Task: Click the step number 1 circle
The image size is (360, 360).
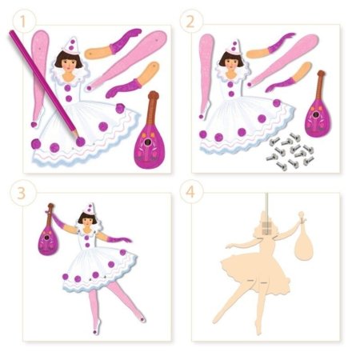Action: click(x=23, y=22)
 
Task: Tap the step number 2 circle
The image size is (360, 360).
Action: click(x=190, y=22)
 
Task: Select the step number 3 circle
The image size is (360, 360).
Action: click(x=22, y=193)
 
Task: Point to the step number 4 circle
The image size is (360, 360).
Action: click(x=190, y=191)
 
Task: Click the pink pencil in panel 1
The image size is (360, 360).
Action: click(x=44, y=85)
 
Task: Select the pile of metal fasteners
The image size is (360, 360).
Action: click(x=290, y=152)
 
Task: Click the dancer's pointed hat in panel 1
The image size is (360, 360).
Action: click(x=71, y=45)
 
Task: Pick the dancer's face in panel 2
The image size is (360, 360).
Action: click(x=231, y=62)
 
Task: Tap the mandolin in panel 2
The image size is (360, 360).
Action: click(x=318, y=106)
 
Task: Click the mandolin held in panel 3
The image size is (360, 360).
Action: click(x=49, y=232)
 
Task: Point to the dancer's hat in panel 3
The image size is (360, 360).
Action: click(x=90, y=210)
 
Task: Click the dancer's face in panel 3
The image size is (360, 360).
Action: click(x=86, y=222)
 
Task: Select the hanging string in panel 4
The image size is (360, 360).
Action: click(x=266, y=206)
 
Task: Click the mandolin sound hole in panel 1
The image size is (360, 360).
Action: click(x=146, y=143)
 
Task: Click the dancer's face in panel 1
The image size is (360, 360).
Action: click(x=68, y=64)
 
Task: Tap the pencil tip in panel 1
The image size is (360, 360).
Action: click(x=78, y=138)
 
